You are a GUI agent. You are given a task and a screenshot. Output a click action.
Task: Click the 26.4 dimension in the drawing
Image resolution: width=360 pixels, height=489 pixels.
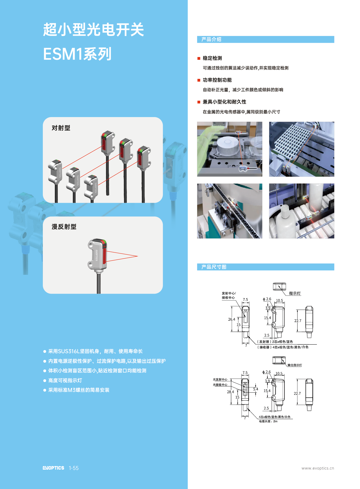click(x=232, y=319)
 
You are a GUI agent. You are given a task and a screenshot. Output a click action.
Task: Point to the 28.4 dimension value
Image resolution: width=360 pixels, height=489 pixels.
click(x=230, y=392)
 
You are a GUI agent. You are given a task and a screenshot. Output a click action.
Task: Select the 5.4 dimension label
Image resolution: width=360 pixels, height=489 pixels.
click(x=255, y=389)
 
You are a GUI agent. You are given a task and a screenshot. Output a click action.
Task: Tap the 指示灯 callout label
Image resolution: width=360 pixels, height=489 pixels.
click(x=295, y=293)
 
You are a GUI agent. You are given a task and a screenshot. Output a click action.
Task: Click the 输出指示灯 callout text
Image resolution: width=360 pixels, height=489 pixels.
click(x=295, y=365)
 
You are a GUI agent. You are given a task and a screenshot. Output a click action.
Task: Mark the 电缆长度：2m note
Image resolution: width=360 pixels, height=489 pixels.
click(x=268, y=421)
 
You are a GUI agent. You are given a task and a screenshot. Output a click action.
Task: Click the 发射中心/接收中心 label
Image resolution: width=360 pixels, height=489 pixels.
click(x=229, y=295)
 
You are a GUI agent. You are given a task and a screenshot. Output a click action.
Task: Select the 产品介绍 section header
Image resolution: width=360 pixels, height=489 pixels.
click(x=211, y=39)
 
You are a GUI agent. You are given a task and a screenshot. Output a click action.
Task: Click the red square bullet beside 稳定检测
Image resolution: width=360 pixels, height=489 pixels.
click(x=199, y=58)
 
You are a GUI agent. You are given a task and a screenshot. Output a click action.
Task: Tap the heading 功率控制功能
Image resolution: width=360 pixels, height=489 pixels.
click(x=217, y=80)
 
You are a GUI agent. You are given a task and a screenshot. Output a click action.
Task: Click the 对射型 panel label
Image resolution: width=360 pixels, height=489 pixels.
click(x=61, y=128)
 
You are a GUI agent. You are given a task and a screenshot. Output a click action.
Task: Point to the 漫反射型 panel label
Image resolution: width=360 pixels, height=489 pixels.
click(x=64, y=227)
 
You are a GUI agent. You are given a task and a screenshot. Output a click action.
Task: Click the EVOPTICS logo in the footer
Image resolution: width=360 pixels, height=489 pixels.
click(x=53, y=468)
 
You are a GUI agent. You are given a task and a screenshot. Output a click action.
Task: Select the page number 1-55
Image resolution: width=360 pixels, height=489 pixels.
click(x=74, y=468)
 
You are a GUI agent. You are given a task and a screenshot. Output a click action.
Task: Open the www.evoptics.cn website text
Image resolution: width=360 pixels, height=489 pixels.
click(x=318, y=468)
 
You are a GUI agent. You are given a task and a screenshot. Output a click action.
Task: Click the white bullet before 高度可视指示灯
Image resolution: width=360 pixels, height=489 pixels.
click(x=45, y=381)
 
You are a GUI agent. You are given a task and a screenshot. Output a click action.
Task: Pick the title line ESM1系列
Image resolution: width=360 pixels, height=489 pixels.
click(x=77, y=54)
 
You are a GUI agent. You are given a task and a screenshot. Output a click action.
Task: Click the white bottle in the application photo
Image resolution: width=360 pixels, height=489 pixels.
click(x=285, y=221)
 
